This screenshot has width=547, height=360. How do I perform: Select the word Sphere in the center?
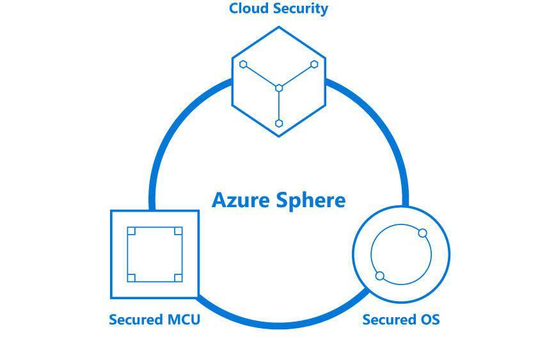click(311, 200)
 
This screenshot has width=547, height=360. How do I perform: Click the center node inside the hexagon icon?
click(279, 88)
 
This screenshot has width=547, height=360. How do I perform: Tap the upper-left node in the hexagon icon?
click(243, 65)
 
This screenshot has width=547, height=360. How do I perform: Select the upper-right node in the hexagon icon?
click(314, 65)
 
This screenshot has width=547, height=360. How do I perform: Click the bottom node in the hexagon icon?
click(279, 123)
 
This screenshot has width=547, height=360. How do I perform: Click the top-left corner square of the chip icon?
click(131, 231)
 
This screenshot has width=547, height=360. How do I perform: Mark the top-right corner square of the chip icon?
click(178, 231)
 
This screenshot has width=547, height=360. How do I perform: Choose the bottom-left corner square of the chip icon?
click(131, 278)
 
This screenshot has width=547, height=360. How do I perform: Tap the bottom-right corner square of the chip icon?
click(178, 278)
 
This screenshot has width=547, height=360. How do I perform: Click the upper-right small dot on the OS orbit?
click(422, 233)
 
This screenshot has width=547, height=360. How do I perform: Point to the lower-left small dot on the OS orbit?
click(379, 276)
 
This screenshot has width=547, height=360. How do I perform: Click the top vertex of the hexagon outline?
click(279, 27)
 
